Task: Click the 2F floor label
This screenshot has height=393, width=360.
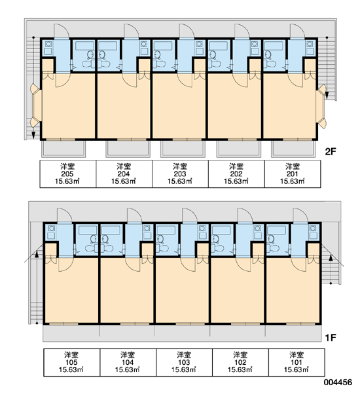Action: coord(330,152)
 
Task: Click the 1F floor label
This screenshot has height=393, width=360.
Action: coord(330,338)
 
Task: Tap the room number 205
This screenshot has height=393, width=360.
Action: coord(67,174)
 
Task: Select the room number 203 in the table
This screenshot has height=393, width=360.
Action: coord(180,174)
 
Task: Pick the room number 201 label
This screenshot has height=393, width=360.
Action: coord(292,174)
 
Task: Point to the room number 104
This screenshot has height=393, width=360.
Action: coord(128,362)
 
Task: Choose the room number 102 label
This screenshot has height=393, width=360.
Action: coord(240,362)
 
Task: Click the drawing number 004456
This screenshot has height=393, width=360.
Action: coord(338,383)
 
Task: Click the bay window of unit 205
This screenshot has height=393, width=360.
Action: coord(35,105)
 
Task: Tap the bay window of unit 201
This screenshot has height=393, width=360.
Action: coord(321,107)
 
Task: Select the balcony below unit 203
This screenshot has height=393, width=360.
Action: coord(183,149)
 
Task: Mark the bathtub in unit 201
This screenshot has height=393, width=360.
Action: coord(274,46)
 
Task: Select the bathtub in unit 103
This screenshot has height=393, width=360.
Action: coord(166,230)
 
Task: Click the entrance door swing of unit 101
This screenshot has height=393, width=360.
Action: coord(300,215)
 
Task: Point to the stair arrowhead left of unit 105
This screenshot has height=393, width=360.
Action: coord(37,255)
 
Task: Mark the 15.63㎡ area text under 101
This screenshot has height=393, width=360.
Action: coord(296,369)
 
